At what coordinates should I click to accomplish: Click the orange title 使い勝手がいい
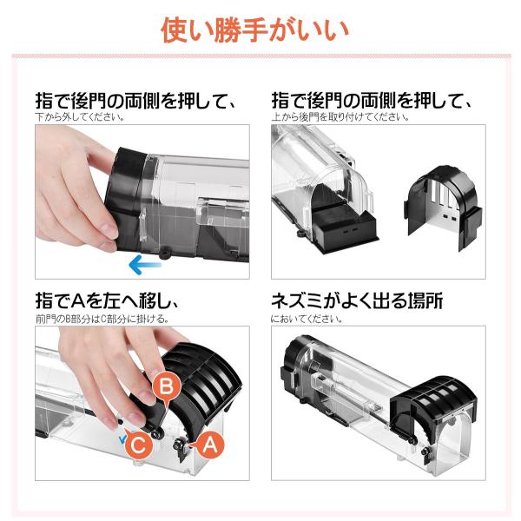click(254, 30)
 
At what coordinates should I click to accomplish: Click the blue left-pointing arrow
click(145, 265)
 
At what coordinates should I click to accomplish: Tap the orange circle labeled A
click(208, 445)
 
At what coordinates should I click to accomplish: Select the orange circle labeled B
click(167, 386)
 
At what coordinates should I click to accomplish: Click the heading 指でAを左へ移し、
click(108, 300)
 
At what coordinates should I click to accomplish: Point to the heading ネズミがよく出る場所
click(357, 300)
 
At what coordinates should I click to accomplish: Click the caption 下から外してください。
click(80, 117)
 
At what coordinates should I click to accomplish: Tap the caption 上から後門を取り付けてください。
click(340, 117)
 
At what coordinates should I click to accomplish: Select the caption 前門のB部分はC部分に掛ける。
click(102, 319)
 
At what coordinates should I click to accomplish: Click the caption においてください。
click(307, 319)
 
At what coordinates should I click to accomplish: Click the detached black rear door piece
click(443, 208)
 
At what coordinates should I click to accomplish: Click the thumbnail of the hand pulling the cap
click(142, 201)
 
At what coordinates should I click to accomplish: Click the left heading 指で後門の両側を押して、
click(135, 101)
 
